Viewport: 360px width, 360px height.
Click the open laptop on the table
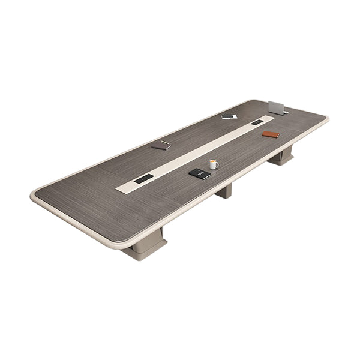(x=277, y=107)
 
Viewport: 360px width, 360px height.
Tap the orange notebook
(x=271, y=134)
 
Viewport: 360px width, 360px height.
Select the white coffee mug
(x=213, y=164)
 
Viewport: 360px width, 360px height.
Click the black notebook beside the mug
(x=199, y=174)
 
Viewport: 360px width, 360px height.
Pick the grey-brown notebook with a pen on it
(x=161, y=145)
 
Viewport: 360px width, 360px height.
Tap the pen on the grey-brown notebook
(x=163, y=143)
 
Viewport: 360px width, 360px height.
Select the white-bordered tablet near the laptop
(x=227, y=116)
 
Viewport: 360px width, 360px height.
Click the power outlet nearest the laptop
(x=257, y=123)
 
